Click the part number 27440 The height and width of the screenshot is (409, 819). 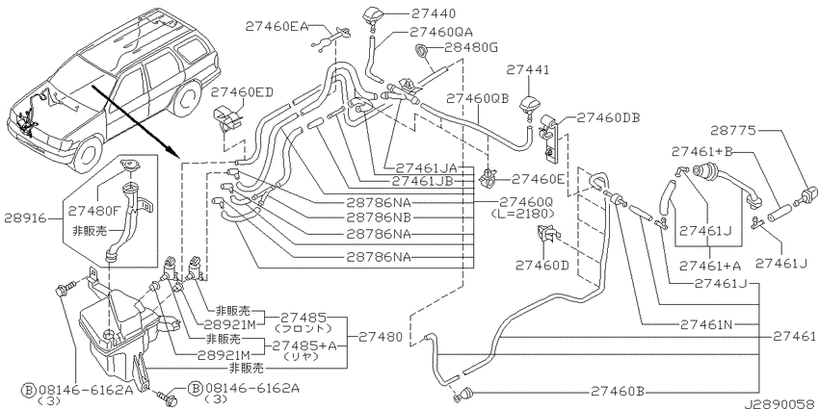pos(433,13)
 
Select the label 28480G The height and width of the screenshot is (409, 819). pos(470,48)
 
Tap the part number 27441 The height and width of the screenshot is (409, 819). pos(528,70)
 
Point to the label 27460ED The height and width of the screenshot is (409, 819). pos(242,92)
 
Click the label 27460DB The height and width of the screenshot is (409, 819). pos(608,118)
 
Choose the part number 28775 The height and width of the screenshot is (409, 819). pos(733,131)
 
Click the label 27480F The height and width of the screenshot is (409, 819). pos(95,212)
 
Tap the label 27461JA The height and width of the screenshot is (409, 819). pos(426,168)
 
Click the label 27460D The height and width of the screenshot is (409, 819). pos(542,266)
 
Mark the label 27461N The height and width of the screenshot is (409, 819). pos(706,324)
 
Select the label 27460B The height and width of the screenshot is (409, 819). pos(618,391)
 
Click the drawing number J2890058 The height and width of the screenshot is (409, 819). pos(780,404)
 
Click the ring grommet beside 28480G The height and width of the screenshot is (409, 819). pos(422,51)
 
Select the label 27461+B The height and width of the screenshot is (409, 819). pos(702,151)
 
